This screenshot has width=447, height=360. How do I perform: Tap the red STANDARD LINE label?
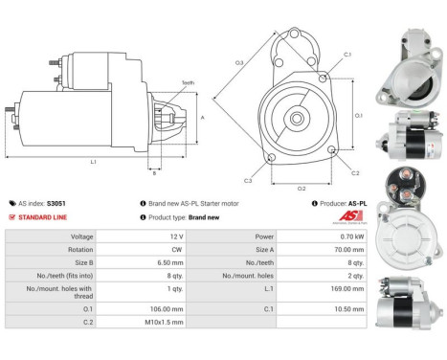[40, 216]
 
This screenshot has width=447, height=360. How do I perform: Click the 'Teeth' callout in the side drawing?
[188, 83]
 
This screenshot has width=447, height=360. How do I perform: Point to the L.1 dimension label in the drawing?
[93, 162]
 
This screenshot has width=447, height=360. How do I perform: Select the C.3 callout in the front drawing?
[248, 180]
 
